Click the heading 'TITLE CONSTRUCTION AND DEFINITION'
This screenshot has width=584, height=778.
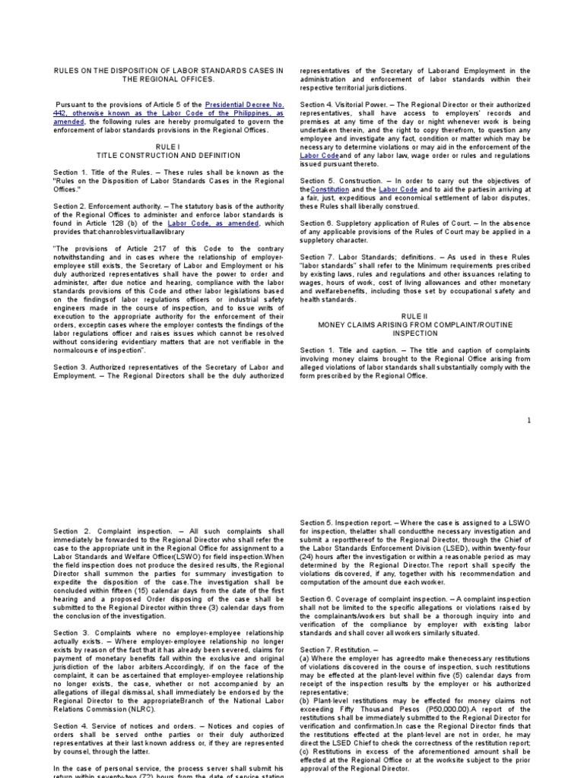click(166, 155)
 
